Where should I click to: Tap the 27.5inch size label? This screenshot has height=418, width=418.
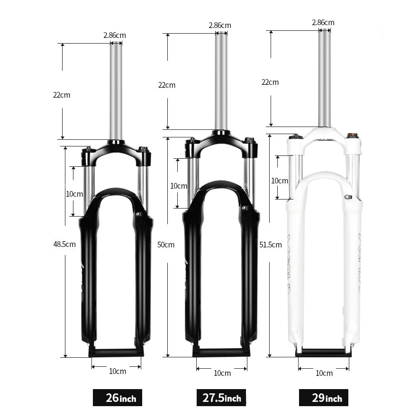coord(221,398)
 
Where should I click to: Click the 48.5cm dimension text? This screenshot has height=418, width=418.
coord(64,244)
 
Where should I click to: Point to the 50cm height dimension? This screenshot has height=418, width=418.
coord(166,245)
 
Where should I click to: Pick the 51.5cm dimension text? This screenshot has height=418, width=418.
coord(271,245)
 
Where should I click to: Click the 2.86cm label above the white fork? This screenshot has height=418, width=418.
coord(323,23)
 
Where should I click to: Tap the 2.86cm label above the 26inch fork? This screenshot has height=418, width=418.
coord(115,35)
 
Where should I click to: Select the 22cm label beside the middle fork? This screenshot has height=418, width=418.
coord(167,85)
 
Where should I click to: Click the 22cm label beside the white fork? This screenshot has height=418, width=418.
coord(270,82)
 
